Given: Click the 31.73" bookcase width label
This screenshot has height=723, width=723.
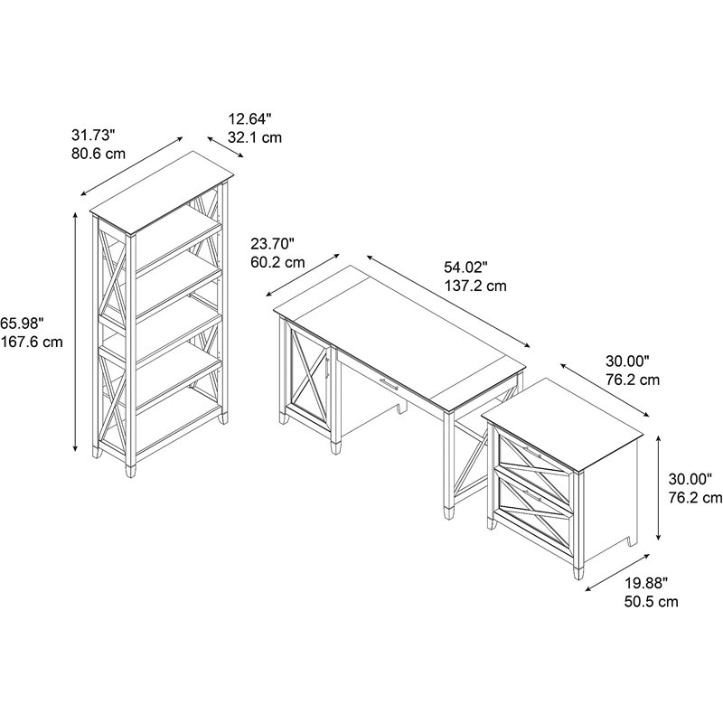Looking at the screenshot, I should point(94,136).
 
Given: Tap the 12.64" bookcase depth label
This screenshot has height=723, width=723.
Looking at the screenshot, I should point(249,118).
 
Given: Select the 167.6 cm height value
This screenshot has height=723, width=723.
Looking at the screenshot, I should point(32,342).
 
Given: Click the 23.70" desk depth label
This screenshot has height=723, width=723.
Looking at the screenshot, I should point(273,244).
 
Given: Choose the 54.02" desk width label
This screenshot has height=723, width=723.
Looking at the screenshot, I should point(465,268).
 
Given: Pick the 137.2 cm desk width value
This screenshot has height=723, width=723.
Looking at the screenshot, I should point(474,286).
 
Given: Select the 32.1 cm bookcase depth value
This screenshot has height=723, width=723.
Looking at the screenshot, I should point(255,136).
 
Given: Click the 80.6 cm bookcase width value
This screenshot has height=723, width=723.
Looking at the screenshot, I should point(99,154).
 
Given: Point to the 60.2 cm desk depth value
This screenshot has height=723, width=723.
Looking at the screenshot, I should point(277,262).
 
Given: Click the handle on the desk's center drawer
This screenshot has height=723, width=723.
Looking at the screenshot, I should point(389,386).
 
